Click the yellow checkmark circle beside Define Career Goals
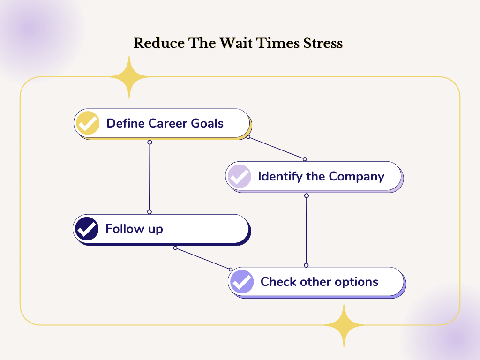point(88,123)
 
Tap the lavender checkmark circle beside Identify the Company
point(240,176)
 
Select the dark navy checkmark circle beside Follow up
point(87,229)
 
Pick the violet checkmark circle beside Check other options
point(242,282)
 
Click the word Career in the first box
point(168,123)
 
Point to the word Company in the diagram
point(356,177)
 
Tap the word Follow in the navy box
point(125,229)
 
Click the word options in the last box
point(356,282)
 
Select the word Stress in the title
point(323,43)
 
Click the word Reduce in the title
point(159,43)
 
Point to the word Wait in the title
point(236,43)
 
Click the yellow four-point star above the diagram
point(129,77)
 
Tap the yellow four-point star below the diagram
point(344,325)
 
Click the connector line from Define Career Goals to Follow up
point(150,177)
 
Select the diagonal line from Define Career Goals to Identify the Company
point(277,148)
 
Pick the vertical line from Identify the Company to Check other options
point(306,231)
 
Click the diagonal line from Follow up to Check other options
point(203,259)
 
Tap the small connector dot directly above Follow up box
point(150,212)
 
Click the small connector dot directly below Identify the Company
point(307,195)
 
